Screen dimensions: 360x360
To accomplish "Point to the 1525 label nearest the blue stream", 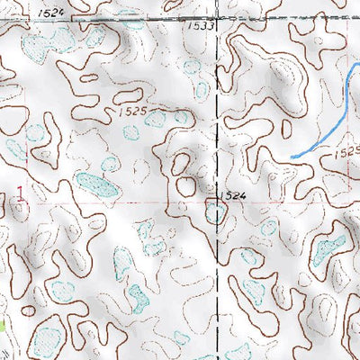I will click(346, 154).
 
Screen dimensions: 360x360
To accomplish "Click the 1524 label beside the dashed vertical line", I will click(231, 194).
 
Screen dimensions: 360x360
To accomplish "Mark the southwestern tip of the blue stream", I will click(293, 157).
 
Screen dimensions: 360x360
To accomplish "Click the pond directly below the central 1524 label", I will click(216, 212).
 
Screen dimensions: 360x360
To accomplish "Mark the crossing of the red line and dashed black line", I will click(218, 202).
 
